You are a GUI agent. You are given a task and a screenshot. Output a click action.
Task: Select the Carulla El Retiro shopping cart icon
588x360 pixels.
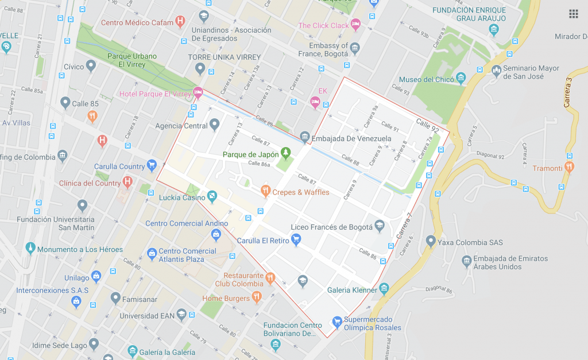pos(296,240)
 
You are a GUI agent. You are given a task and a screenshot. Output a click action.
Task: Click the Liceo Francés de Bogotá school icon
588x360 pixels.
pos(379,226)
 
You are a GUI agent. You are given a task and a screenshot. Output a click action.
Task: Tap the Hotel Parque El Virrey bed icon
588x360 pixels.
pos(198,92)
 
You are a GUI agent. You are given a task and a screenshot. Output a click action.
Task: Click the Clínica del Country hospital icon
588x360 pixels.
pos(127,183)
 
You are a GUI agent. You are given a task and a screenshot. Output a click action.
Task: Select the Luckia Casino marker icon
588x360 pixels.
pos(212,198)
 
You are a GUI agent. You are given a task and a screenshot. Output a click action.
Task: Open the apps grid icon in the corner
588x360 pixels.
pos(573,14)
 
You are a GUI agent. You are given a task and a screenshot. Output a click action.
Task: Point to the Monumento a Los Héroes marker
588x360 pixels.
pos(30,249)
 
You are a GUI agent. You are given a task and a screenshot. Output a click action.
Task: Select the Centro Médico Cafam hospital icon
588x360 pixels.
pos(180,22)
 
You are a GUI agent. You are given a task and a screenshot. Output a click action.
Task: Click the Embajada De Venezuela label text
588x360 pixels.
pos(351,138)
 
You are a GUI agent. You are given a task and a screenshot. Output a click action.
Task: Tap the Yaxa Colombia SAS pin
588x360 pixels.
pos(431,241)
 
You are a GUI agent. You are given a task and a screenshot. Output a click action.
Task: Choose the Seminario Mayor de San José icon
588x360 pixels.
pos(496,71)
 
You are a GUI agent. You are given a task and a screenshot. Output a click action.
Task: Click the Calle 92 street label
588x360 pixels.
pos(427,126)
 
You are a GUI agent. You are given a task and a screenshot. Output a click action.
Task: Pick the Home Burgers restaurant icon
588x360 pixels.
pos(257,297)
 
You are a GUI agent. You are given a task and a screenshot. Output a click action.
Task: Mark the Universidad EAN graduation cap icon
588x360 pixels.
pos(181,315)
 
